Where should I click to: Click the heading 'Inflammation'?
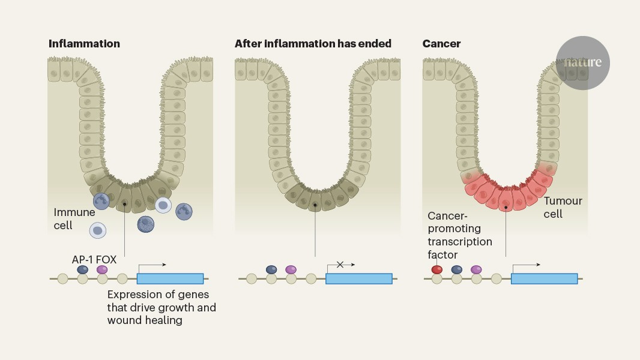click(x=84, y=44)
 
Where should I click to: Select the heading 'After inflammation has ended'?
click(x=313, y=44)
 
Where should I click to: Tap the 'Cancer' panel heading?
click(x=441, y=44)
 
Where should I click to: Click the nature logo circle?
click(x=582, y=63)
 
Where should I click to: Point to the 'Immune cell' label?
click(x=74, y=218)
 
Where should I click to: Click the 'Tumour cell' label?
click(x=563, y=207)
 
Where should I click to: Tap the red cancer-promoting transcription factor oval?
click(x=437, y=270)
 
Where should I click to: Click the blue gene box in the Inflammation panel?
click(x=170, y=278)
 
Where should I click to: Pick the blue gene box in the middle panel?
click(x=358, y=278)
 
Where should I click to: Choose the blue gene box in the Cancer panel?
click(x=544, y=278)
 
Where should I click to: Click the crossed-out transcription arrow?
click(x=340, y=265)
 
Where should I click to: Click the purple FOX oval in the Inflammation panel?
click(x=102, y=270)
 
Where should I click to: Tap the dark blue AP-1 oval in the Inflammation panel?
click(x=83, y=270)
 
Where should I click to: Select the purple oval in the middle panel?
click(x=291, y=270)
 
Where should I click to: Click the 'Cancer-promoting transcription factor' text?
click(x=459, y=235)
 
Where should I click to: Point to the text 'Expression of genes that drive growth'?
click(x=162, y=301)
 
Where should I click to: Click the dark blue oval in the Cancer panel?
click(x=457, y=270)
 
